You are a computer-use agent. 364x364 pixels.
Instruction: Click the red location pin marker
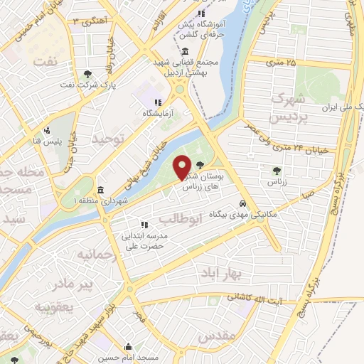[183, 167]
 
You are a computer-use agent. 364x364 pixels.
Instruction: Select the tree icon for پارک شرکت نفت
[87, 73]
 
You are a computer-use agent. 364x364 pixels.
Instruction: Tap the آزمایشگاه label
[157, 114]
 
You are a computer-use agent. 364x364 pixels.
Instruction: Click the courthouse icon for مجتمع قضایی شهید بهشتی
[185, 51]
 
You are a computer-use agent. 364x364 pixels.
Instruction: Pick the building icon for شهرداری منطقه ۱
[100, 191]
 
